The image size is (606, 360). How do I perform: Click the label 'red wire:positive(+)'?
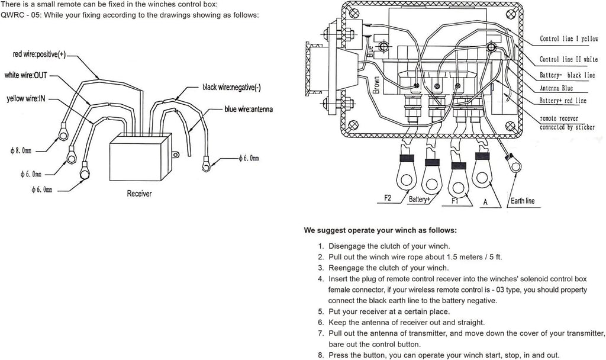click(39, 54)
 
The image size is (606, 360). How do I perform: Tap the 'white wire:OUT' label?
click(25, 75)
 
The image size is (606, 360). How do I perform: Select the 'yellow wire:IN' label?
click(26, 99)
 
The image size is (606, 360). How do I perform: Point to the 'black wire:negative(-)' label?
click(231, 88)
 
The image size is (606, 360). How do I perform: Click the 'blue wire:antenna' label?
click(249, 109)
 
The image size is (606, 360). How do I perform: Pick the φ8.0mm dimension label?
click(21, 151)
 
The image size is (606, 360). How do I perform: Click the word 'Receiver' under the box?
click(139, 194)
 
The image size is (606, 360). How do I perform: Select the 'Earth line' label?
click(523, 201)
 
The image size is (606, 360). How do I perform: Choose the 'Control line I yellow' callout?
click(569, 38)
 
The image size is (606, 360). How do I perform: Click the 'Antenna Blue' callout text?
click(556, 88)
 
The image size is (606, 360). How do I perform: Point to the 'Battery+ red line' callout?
click(563, 101)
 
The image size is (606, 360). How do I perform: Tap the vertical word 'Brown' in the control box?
click(376, 85)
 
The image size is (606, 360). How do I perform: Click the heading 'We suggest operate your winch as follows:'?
click(381, 230)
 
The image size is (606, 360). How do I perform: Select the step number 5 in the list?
click(321, 311)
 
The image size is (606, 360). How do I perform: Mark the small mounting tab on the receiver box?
click(175, 155)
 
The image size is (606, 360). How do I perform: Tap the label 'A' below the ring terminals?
click(485, 202)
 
